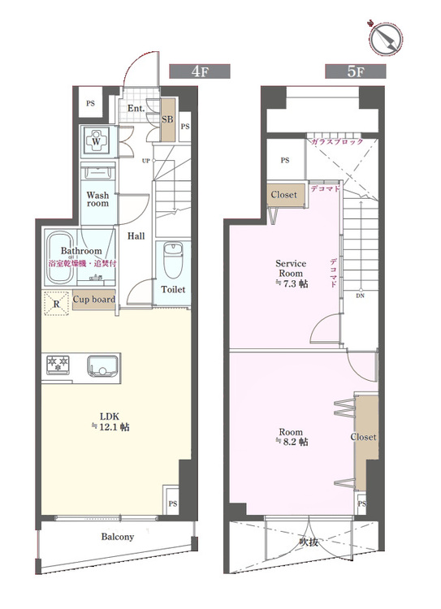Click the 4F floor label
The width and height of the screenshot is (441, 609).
click(x=200, y=71)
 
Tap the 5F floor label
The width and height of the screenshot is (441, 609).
click(x=356, y=71)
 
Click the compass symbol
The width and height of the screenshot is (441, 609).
click(x=386, y=38)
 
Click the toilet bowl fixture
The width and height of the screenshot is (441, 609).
click(x=173, y=260)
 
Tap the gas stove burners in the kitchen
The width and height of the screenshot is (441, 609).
click(x=58, y=365)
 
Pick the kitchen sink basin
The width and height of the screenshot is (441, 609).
click(x=102, y=366)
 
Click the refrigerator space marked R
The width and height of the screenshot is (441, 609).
click(x=56, y=304)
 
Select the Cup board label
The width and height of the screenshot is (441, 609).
click(x=94, y=300)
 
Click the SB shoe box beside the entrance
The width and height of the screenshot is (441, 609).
click(x=168, y=119)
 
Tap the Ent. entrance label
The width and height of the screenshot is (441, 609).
click(x=136, y=108)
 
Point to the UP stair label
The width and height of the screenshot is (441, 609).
click(x=145, y=161)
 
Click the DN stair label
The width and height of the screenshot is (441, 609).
click(x=360, y=296)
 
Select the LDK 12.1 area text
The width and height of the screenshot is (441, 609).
click(x=110, y=421)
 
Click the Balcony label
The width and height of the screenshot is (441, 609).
click(x=118, y=537)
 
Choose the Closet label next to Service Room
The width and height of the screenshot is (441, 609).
click(x=283, y=195)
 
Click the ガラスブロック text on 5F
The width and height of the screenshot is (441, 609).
click(x=336, y=141)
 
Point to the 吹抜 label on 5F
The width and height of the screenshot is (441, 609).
click(x=309, y=542)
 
